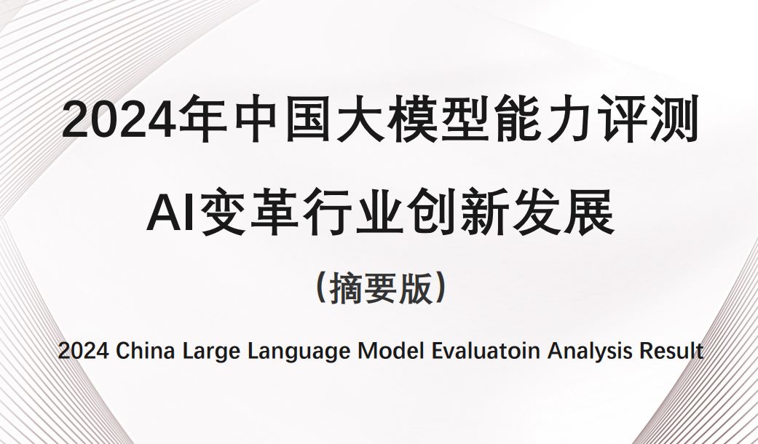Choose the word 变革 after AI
tap(250, 213)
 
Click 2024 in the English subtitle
tap(83, 351)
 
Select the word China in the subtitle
tap(145, 351)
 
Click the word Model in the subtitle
tap(390, 351)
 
